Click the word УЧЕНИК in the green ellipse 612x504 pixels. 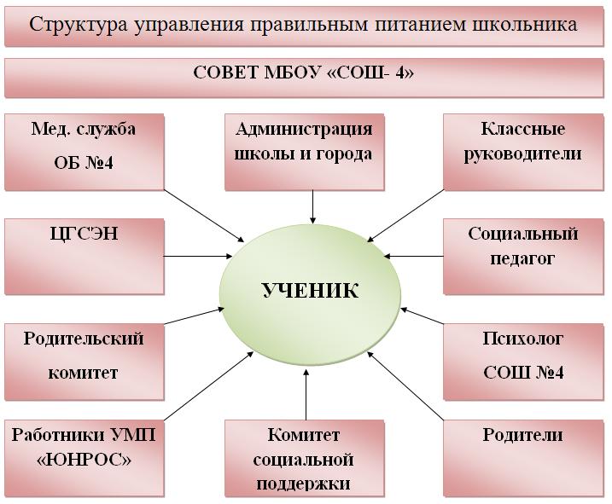[311, 291]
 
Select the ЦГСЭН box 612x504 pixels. [85, 257]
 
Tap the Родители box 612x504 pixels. [523, 458]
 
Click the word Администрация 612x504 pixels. [304, 129]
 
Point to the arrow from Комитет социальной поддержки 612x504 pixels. [306, 395]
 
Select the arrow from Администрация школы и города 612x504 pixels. [313, 206]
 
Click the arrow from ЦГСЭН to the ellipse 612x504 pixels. [198, 257]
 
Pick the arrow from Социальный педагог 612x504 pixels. [414, 257]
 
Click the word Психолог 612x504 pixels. [523, 339]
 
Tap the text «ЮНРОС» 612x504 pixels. [84, 461]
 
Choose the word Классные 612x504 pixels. [523, 129]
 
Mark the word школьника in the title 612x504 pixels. [525, 25]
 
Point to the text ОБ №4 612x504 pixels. [84, 163]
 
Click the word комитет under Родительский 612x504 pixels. [83, 373]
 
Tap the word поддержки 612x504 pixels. [304, 484]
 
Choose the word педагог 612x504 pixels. [522, 258]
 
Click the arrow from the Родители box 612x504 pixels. [405, 386]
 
